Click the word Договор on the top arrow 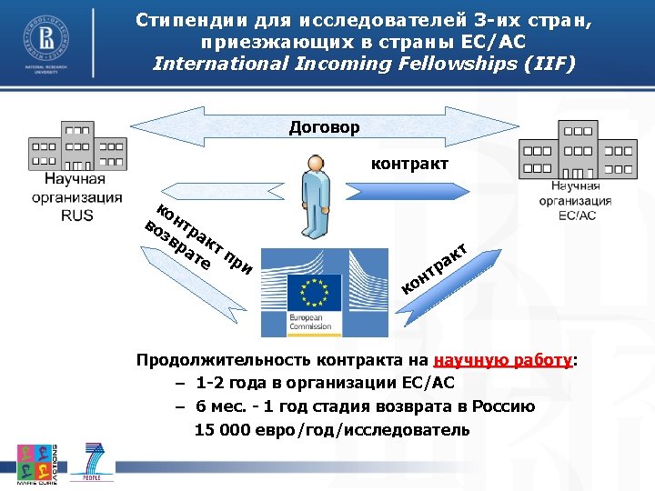(x=324, y=127)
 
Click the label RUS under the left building (x=77, y=215)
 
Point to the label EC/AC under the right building (x=577, y=215)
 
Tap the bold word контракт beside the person (x=408, y=165)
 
